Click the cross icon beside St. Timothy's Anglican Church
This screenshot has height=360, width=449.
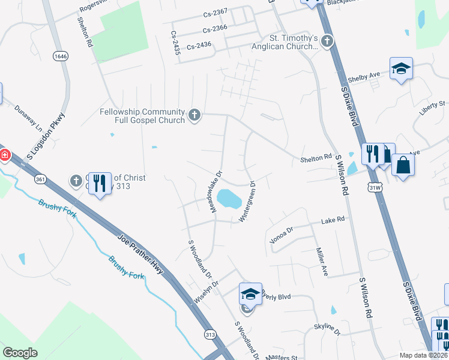pyautogui.click(x=327, y=41)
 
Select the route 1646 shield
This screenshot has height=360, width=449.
pyautogui.click(x=60, y=56)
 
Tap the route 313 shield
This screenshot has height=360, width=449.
pyautogui.click(x=209, y=334)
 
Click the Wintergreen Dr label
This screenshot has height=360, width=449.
pyautogui.click(x=249, y=202)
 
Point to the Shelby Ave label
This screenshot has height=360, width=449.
pyautogui.click(x=366, y=78)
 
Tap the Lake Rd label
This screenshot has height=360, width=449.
pyautogui.click(x=333, y=220)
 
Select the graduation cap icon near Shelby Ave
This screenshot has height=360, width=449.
pyautogui.click(x=401, y=68)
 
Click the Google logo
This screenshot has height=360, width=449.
pyautogui.click(x=20, y=353)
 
